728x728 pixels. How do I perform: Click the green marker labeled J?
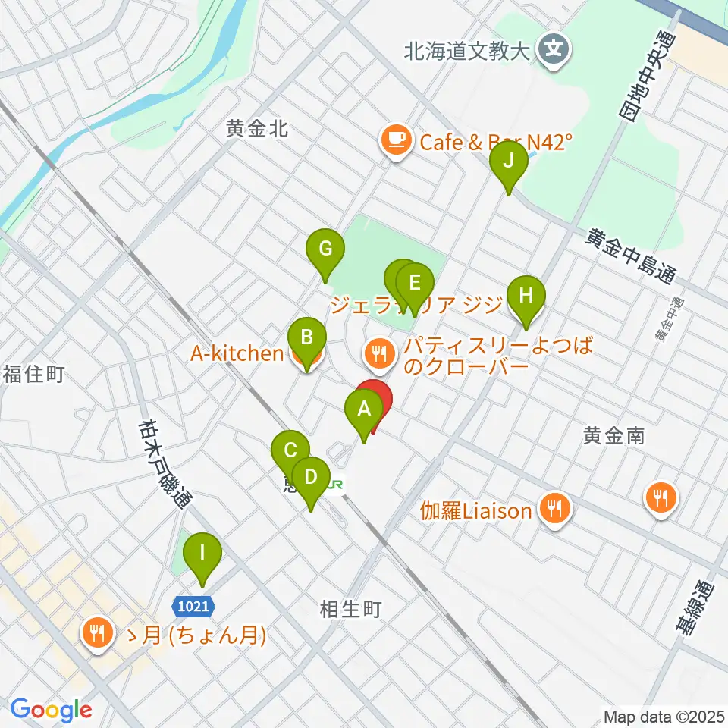pos(509,161)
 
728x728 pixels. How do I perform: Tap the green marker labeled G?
pos(324,248)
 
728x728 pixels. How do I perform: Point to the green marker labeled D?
pos(310,478)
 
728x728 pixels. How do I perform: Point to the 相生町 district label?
pos(350,608)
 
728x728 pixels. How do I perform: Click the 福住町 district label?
pos(33,374)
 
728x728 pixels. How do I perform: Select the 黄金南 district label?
pos(613,435)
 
